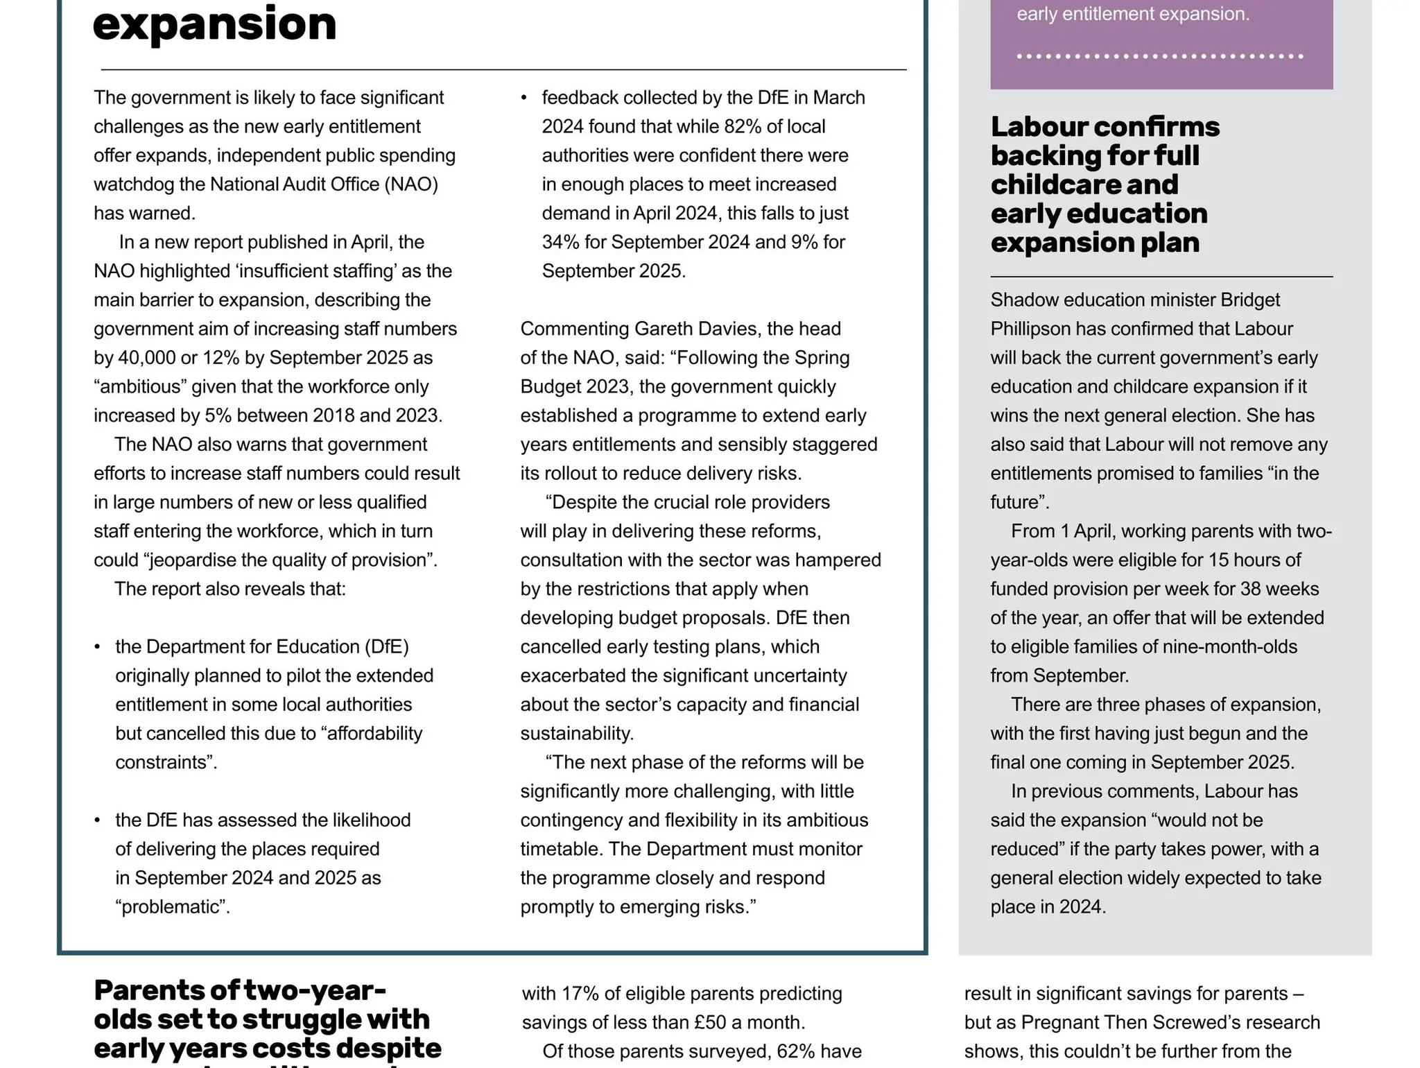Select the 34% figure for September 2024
pyautogui.click(x=560, y=242)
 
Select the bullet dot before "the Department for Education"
pyautogui.click(x=98, y=647)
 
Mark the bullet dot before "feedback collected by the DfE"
pyautogui.click(x=524, y=98)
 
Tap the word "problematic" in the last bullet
pyautogui.click(x=173, y=907)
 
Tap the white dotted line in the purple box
pyautogui.click(x=1160, y=56)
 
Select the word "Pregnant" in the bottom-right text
pyautogui.click(x=1059, y=1023)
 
